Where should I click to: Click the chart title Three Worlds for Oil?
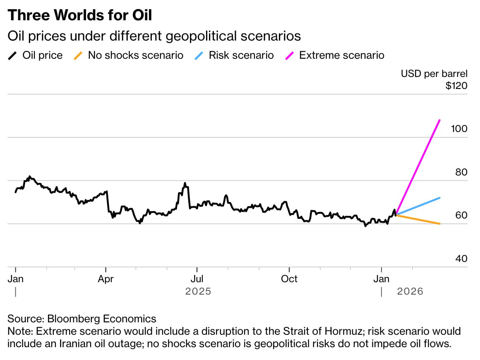80,15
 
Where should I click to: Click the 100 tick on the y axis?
459,129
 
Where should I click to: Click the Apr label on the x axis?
106,279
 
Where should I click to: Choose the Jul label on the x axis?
197,279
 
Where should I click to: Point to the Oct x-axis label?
289,279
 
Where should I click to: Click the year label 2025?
198,291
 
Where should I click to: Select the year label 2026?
410,291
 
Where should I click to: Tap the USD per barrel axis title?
434,74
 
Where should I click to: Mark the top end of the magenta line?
439,120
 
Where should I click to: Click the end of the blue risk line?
439,198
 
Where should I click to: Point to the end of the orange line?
439,223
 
